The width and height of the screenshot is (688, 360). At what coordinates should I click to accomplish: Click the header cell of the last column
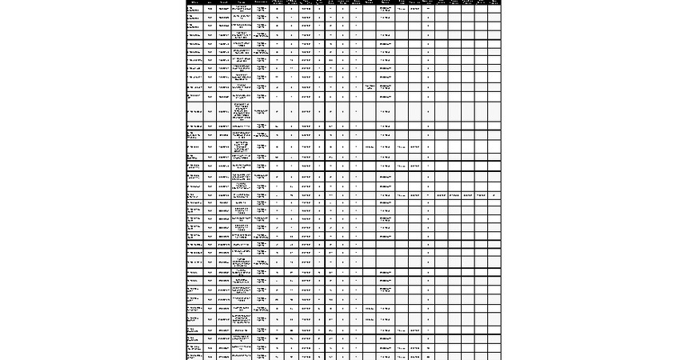(x=494, y=2)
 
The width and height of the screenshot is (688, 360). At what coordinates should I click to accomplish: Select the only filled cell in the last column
(x=494, y=194)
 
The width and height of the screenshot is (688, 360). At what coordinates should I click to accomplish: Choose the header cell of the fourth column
(x=242, y=2)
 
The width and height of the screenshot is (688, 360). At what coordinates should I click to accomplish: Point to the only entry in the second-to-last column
(x=481, y=194)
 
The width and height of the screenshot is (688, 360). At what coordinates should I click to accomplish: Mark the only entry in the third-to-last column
(x=467, y=194)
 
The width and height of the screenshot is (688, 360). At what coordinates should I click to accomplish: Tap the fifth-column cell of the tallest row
(x=262, y=111)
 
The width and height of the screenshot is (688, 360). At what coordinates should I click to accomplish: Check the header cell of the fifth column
(x=262, y=2)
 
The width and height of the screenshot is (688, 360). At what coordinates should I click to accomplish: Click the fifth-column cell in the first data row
(x=262, y=10)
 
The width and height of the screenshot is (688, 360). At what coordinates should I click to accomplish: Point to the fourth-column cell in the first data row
(x=242, y=10)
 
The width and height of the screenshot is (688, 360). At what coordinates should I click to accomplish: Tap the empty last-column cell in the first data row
(x=494, y=10)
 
